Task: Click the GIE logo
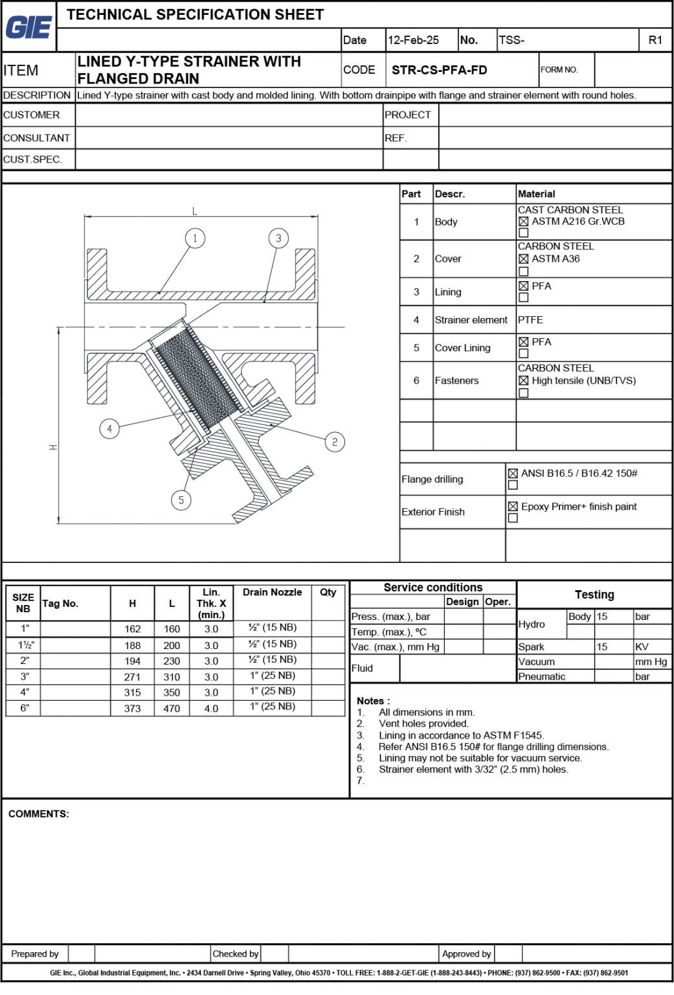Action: tap(28, 27)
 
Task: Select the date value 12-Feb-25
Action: tap(413, 40)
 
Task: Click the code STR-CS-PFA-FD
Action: tap(439, 70)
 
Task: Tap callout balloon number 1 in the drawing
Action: tap(195, 238)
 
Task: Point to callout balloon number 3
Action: tap(278, 238)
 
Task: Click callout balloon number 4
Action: tap(109, 428)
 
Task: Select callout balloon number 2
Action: tap(335, 442)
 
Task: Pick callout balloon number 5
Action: tap(181, 499)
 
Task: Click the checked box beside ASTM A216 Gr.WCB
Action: tap(524, 222)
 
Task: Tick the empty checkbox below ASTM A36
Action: tap(524, 271)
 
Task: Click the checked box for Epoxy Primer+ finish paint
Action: tap(513, 507)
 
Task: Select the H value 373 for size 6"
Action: tap(132, 709)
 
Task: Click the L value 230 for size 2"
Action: tap(172, 661)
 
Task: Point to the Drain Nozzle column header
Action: tap(272, 592)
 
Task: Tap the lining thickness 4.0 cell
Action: tap(211, 709)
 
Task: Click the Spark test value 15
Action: tap(602, 646)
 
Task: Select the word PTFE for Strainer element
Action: tap(530, 320)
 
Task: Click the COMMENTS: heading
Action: tap(38, 814)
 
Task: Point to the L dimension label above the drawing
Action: tap(195, 211)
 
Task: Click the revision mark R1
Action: tap(655, 40)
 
